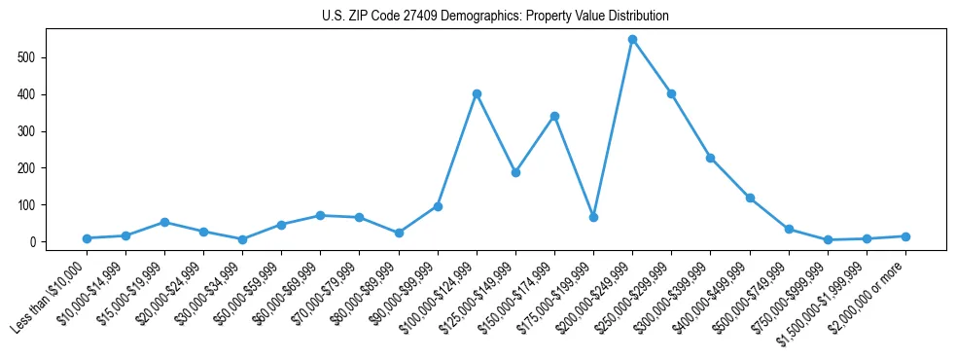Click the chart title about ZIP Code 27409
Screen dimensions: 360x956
(x=495, y=17)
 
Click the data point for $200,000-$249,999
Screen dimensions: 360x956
(x=632, y=39)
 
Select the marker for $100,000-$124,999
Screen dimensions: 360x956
(x=477, y=93)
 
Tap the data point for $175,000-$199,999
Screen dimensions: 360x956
(x=593, y=217)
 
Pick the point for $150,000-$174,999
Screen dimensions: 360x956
(x=554, y=116)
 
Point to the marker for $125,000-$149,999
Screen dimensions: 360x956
(x=515, y=172)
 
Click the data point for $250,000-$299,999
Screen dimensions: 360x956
(x=671, y=93)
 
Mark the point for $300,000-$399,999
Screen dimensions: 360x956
(x=711, y=158)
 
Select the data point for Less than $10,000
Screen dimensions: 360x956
(x=87, y=238)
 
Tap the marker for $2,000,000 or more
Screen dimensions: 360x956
(x=905, y=236)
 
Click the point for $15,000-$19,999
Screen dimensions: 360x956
(x=164, y=222)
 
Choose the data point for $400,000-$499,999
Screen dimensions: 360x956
(x=750, y=198)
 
